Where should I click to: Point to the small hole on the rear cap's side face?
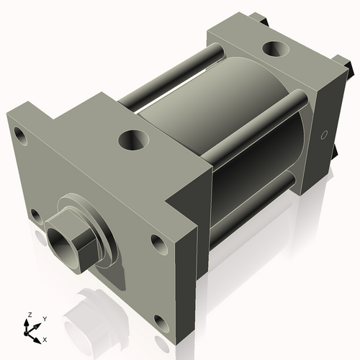pyautogui.click(x=323, y=135)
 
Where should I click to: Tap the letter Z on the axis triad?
pyautogui.click(x=29, y=315)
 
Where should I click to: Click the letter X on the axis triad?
pyautogui.click(x=45, y=338)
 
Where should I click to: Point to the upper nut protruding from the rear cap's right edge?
pyautogui.click(x=350, y=69)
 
